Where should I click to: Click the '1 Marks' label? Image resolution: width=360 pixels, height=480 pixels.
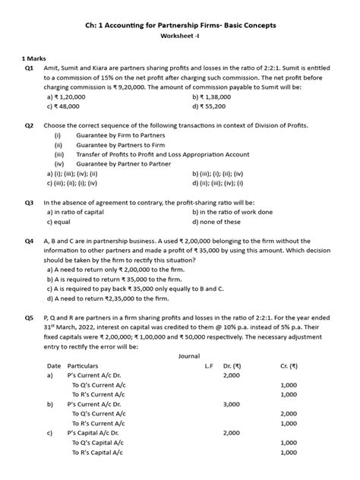click(x=35, y=58)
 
